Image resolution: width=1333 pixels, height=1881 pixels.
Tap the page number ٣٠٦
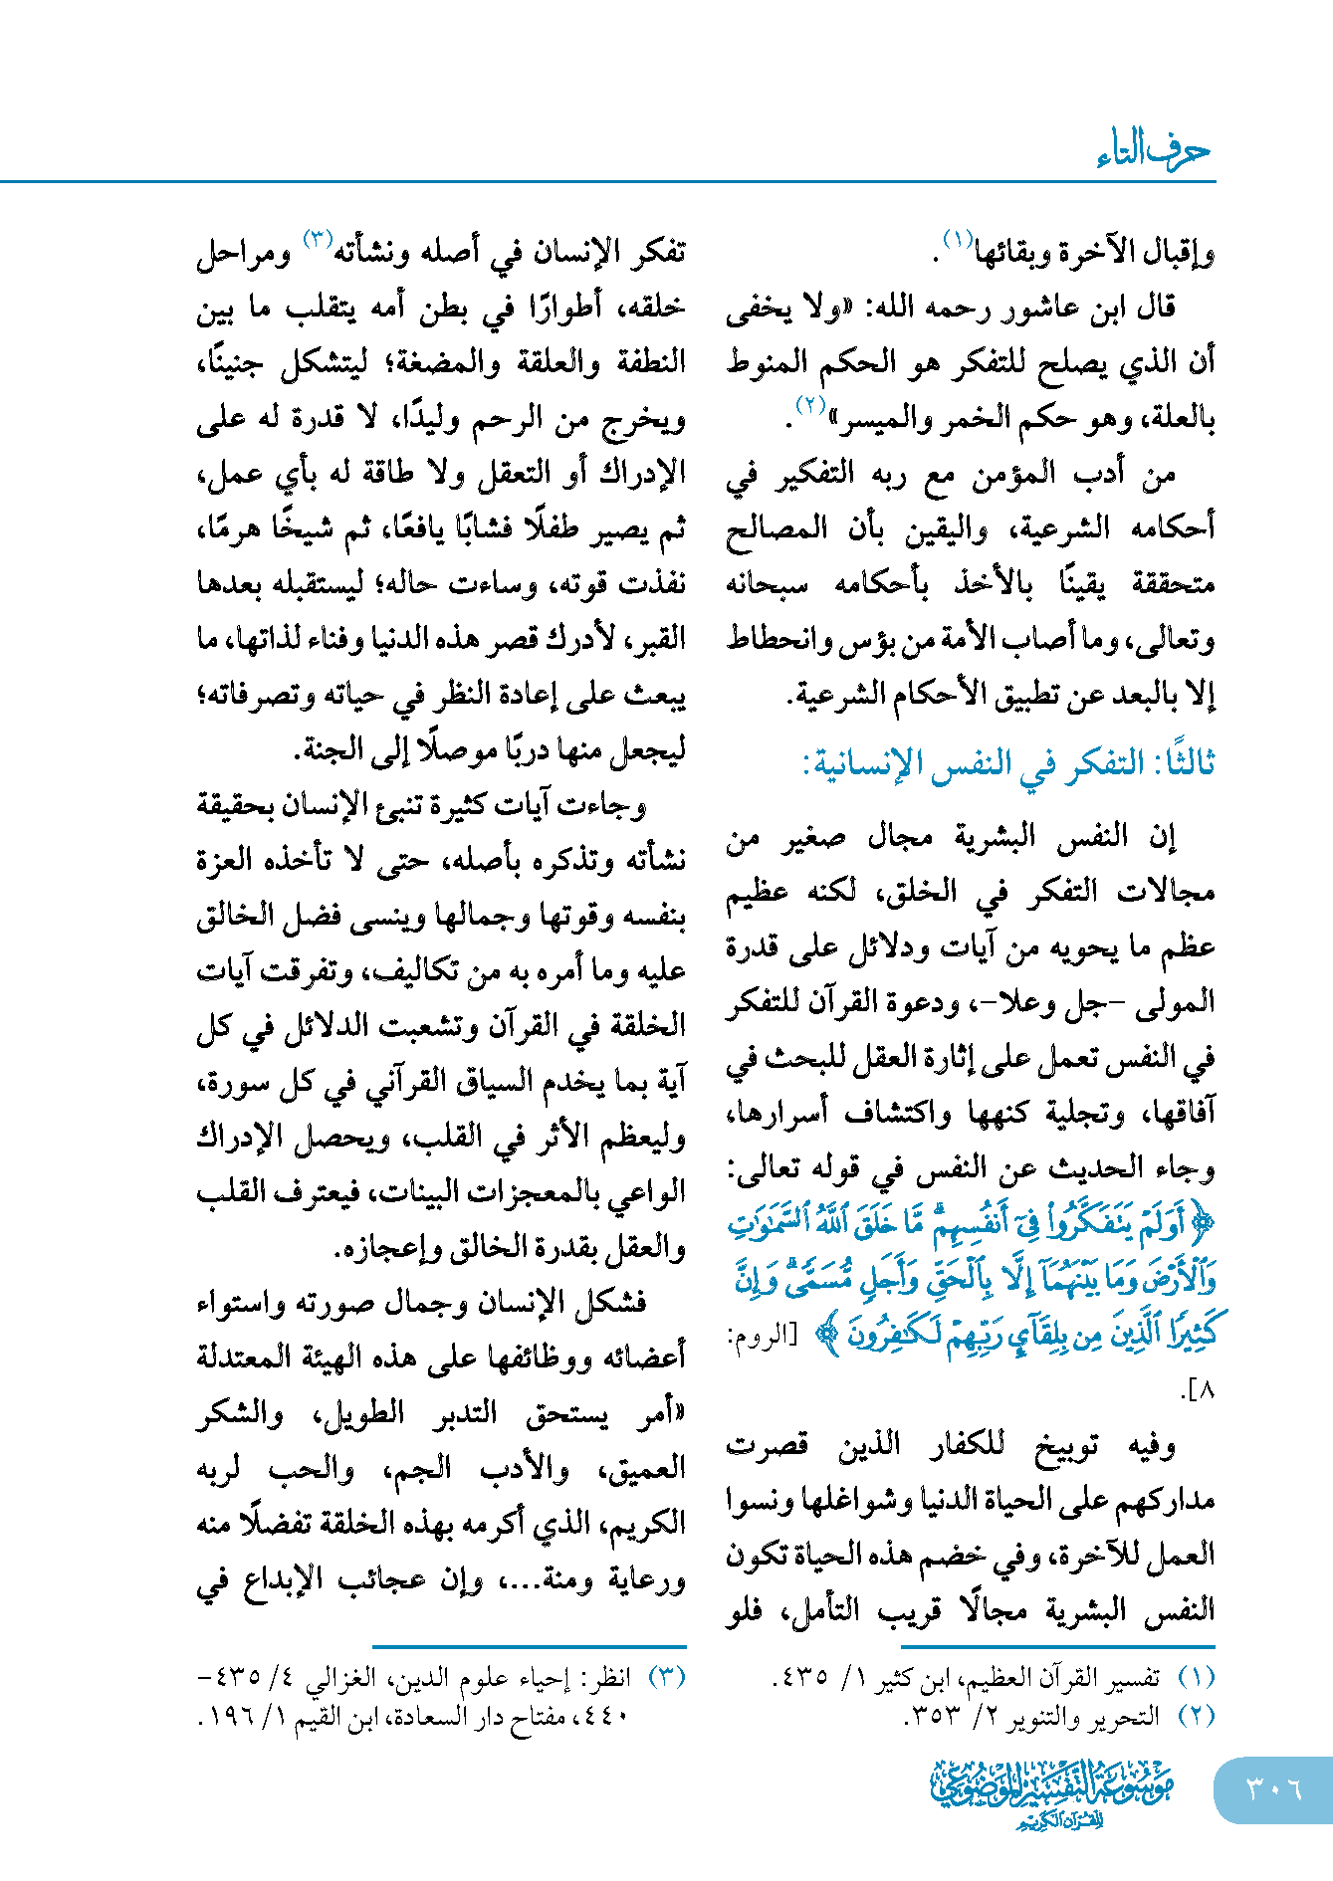pyautogui.click(x=1273, y=1788)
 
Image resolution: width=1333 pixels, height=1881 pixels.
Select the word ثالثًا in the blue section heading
pyautogui.click(x=1184, y=763)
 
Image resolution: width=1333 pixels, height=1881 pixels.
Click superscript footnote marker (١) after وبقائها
pyautogui.click(x=956, y=240)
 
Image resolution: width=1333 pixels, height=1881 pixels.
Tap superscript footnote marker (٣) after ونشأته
pyautogui.click(x=318, y=240)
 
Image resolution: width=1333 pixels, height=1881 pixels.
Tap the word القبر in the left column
pyautogui.click(x=656, y=638)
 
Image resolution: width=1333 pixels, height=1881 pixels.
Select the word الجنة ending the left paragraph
pyautogui.click(x=332, y=749)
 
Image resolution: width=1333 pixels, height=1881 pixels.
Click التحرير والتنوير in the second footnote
pyautogui.click(x=1081, y=1717)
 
